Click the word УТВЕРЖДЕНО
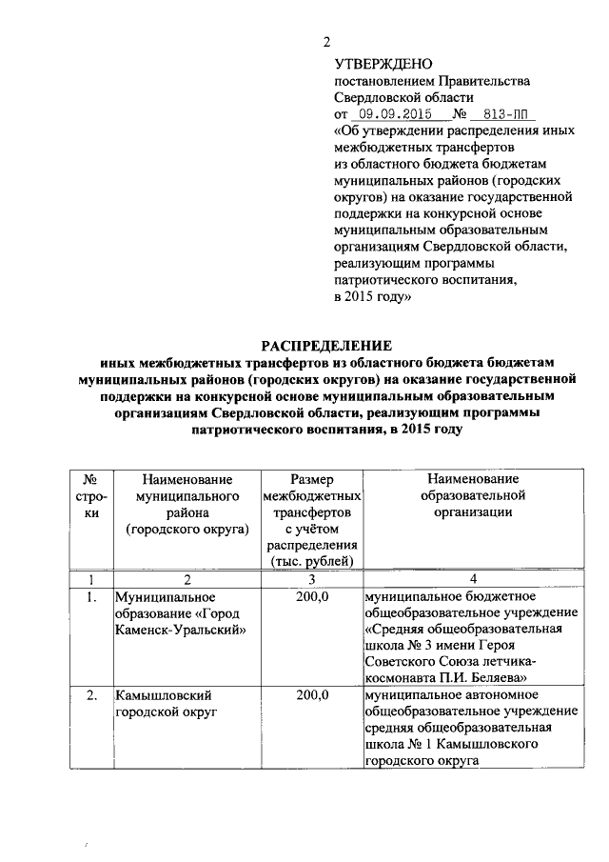[376, 63]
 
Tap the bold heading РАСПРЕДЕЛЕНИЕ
[326, 345]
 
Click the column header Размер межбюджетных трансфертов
[311, 520]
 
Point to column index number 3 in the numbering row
[311, 579]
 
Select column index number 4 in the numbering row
[472, 579]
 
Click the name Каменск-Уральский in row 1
[180, 630]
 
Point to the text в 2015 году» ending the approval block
[372, 297]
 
